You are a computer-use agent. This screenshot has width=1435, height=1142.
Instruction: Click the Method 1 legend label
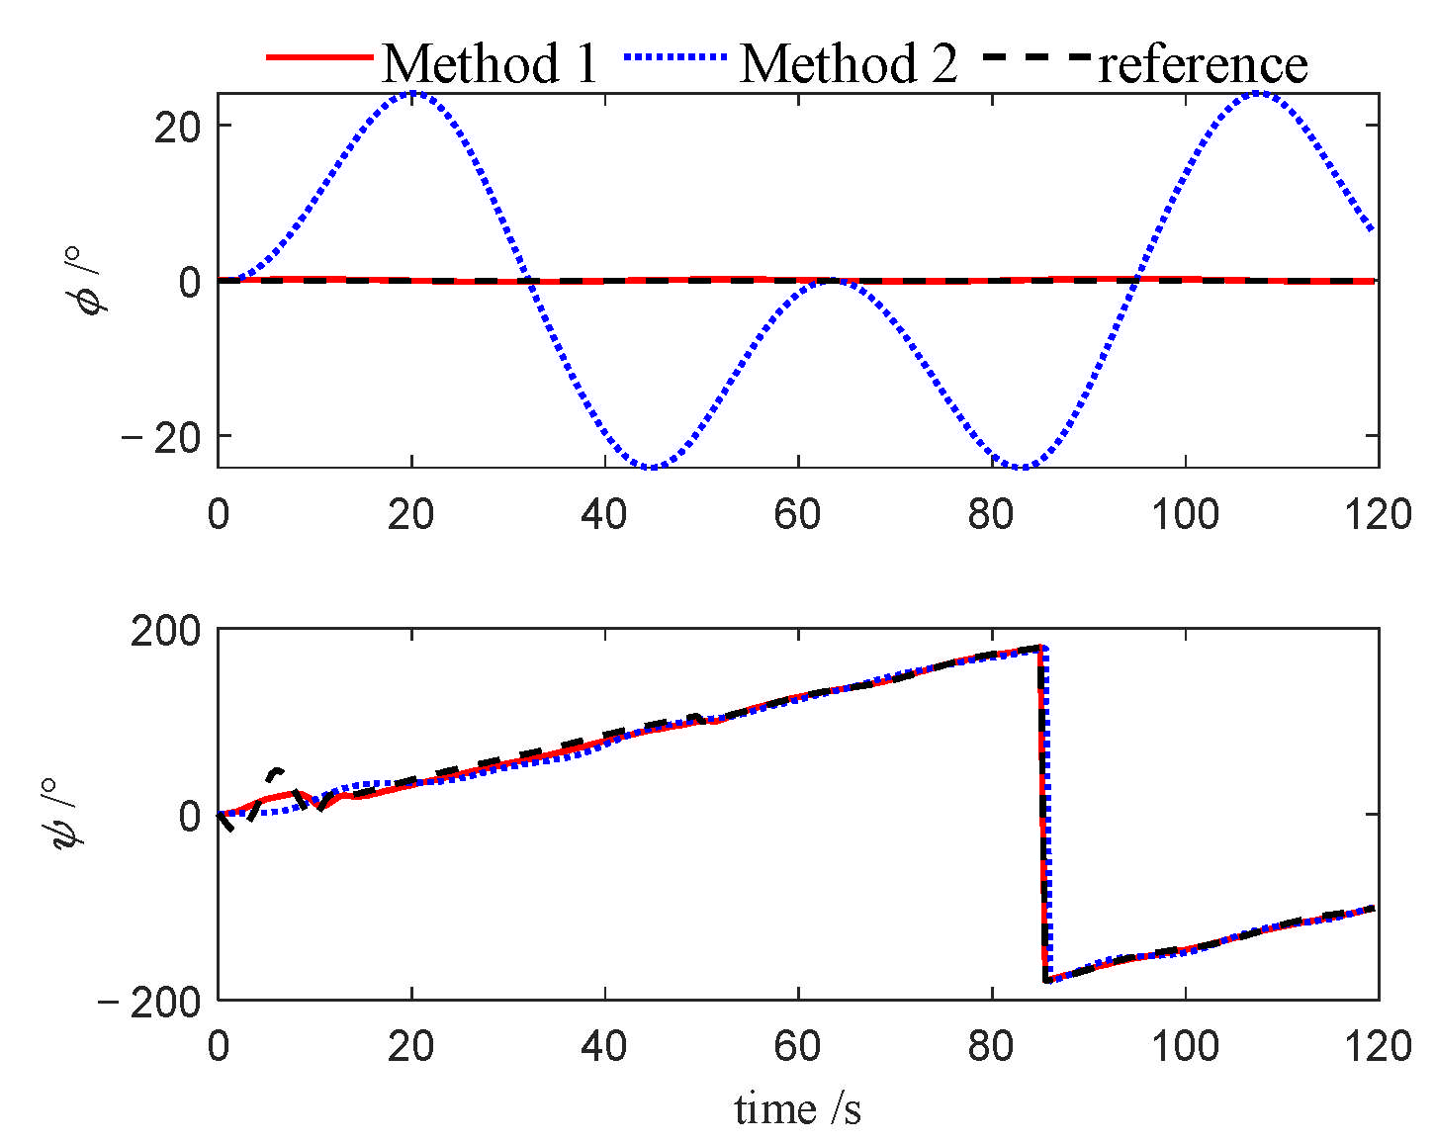point(490,63)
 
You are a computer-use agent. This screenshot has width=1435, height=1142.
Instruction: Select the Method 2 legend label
point(849,63)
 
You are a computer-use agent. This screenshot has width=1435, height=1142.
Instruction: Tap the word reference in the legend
point(1203,63)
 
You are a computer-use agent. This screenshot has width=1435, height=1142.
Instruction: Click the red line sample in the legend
point(318,57)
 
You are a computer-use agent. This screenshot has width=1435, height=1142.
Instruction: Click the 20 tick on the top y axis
point(178,127)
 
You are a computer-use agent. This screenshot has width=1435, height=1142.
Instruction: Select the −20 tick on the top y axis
point(163,437)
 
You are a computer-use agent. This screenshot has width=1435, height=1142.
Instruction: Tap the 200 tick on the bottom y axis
point(164,631)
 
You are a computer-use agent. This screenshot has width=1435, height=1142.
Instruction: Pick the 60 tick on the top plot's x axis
point(797,514)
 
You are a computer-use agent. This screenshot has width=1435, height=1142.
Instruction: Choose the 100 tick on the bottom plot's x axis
point(1185,1044)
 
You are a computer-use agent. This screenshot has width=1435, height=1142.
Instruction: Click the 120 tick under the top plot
point(1379,514)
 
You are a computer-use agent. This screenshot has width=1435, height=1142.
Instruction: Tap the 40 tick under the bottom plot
point(603,1044)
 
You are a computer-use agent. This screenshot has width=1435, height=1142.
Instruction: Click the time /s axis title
point(797,1109)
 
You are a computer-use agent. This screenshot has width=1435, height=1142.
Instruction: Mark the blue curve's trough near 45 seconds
point(650,467)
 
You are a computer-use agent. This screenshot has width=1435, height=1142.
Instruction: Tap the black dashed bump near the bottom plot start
point(278,771)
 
